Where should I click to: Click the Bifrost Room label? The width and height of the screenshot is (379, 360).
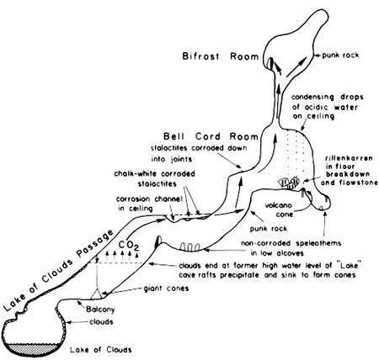(x=221, y=56)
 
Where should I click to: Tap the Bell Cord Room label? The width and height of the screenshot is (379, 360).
(x=211, y=136)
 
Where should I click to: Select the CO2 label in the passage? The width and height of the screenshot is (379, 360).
(x=129, y=246)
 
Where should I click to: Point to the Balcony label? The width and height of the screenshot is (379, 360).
(x=100, y=310)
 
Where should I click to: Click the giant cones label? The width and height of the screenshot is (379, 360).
(x=166, y=289)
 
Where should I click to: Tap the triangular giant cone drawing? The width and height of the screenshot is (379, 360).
(x=97, y=293)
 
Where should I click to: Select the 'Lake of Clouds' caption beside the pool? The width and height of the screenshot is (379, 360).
(x=101, y=350)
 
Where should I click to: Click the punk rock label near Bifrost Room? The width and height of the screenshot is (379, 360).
(x=340, y=56)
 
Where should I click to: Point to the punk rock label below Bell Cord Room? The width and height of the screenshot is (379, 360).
(x=269, y=229)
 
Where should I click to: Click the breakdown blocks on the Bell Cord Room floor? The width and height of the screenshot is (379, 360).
(x=289, y=183)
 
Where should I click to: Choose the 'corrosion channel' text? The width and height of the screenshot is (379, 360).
(x=149, y=199)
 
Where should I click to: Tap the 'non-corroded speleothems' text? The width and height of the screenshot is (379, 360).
(x=291, y=243)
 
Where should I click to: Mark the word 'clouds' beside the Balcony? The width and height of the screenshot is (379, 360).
(x=101, y=321)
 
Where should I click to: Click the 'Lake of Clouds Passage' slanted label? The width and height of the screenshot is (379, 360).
(x=58, y=271)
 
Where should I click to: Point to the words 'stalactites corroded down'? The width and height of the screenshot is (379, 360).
(x=199, y=148)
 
